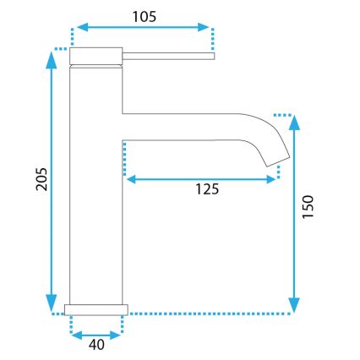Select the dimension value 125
203,189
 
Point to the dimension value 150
308,208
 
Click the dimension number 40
95,344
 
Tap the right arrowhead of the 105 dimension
207,26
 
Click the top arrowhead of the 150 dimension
293,120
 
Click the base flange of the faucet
96,308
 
